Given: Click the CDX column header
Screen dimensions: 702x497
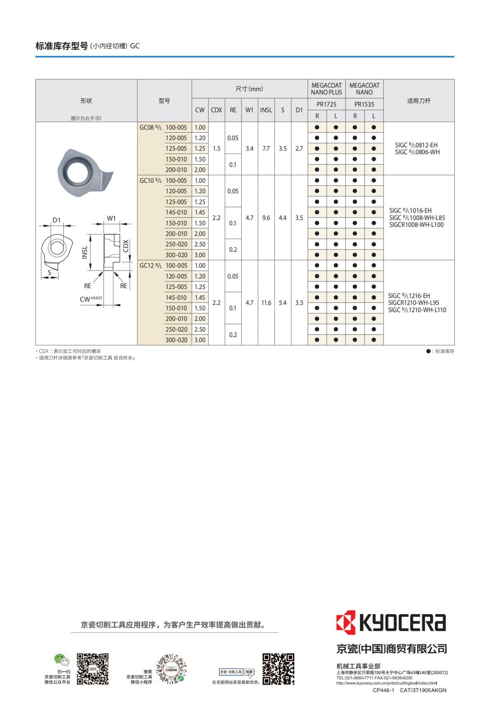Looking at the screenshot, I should (x=216, y=110).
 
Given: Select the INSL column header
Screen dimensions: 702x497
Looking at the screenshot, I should (x=266, y=110).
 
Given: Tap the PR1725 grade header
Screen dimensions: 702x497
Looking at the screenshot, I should (x=326, y=104).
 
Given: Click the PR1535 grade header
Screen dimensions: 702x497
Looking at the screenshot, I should (x=364, y=104).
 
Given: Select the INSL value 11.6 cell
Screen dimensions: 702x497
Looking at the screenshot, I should (x=266, y=303).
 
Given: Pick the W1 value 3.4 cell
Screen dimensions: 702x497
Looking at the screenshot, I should (x=249, y=149).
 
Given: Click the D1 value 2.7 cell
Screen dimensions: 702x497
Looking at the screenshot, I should (x=299, y=149).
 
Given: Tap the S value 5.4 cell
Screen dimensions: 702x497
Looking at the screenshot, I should (x=282, y=303).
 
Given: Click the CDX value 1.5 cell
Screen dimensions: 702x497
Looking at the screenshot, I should (x=216, y=149).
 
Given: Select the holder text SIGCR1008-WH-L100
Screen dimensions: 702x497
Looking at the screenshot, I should (x=416, y=225).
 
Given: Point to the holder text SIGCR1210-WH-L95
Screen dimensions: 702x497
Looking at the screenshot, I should (x=413, y=303).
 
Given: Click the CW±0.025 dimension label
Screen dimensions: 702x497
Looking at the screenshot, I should (x=91, y=299).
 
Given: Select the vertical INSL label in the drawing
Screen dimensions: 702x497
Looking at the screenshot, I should (x=85, y=252).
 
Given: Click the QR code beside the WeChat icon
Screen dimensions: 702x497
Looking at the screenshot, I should (x=93, y=669).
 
